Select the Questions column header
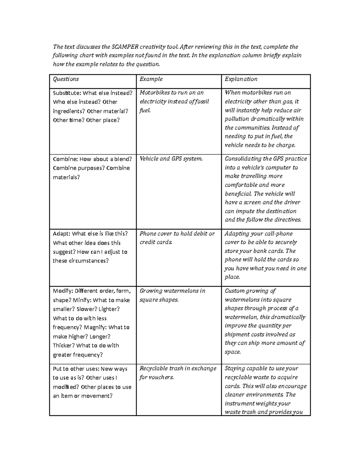pyautogui.click(x=66, y=79)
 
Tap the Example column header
pyautogui.click(x=151, y=79)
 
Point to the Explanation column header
pyautogui.click(x=241, y=79)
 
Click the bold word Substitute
pyautogui.click(x=67, y=93)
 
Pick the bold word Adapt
pyautogui.click(x=62, y=234)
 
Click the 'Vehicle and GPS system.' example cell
pyautogui.click(x=171, y=159)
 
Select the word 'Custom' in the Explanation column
pyautogui.click(x=235, y=291)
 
